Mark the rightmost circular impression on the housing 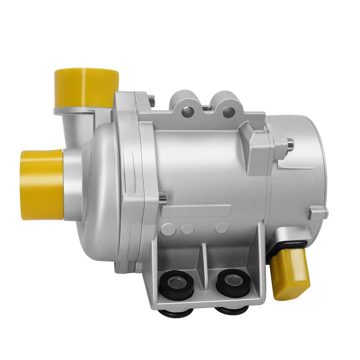tap(222, 227)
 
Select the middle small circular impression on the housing tap(187, 228)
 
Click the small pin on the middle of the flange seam tap(162, 195)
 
